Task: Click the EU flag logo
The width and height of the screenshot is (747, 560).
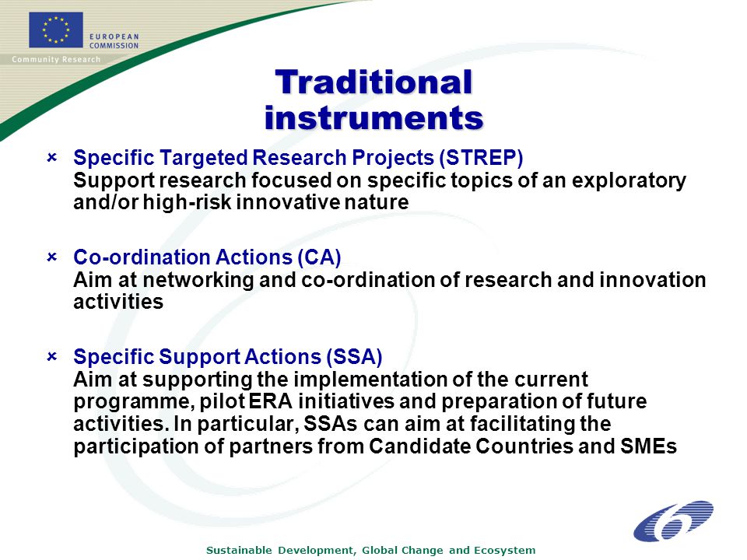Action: point(56,30)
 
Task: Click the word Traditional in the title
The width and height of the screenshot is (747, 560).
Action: point(374,82)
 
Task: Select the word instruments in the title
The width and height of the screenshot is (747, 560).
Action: point(374,117)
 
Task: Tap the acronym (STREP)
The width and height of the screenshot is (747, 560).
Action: point(481,158)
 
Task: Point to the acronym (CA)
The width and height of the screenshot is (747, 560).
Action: point(319,257)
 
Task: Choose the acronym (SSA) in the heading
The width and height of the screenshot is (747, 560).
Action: point(355,357)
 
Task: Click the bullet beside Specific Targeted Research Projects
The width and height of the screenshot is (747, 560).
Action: point(52,157)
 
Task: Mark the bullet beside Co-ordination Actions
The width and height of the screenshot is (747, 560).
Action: point(52,257)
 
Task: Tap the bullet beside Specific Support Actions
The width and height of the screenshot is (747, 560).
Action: point(52,356)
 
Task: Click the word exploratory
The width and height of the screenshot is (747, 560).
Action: point(629,181)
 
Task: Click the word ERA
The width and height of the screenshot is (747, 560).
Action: point(271,401)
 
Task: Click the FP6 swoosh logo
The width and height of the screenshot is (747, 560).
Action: point(673,521)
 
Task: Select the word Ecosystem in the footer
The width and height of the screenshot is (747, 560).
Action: point(504,551)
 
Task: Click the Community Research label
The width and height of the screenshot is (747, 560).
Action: point(56,60)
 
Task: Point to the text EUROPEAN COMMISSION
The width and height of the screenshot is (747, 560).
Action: point(114,41)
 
